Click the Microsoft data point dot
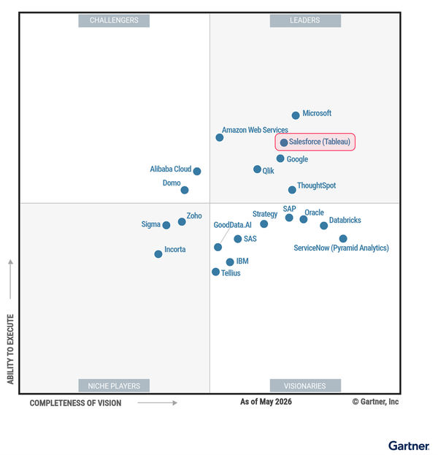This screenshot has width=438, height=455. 296,115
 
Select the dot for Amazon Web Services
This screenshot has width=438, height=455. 220,137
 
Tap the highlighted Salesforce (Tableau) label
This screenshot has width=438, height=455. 315,142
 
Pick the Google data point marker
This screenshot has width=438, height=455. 280,158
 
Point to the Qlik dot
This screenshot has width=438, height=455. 257,169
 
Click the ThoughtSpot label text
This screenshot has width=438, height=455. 317,186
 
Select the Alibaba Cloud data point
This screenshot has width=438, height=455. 197,171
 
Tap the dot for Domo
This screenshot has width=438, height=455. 185,190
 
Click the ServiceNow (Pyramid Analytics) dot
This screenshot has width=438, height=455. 343,239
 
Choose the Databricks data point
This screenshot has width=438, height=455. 324,226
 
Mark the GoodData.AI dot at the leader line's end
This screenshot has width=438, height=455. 218,247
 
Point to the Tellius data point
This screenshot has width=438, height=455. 215,272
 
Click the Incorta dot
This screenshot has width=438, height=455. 158,254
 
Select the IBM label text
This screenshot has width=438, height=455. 242,261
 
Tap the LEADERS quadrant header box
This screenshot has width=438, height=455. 305,20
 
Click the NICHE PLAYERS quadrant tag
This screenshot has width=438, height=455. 114,386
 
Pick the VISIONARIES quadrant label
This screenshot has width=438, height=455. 305,386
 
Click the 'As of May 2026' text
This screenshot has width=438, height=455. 266,402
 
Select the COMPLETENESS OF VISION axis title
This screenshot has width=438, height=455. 75,403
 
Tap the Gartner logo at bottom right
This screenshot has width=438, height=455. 409,446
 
